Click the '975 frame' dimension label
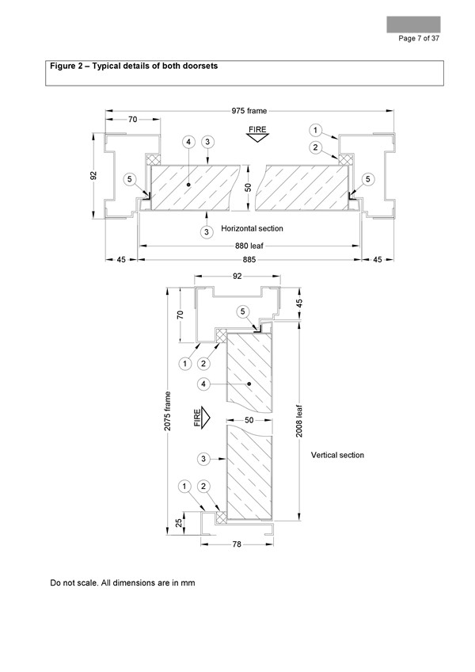(249, 111)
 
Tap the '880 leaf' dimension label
(249, 246)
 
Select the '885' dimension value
(249, 260)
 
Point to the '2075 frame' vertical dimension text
(168, 411)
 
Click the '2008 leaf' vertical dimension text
(299, 422)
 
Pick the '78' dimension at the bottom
(237, 544)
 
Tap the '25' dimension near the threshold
(180, 522)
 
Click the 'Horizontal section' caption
(252, 228)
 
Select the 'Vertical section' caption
(337, 455)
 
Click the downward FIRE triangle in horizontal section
(257, 138)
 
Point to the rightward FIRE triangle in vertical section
(206, 418)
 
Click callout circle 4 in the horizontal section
(188, 142)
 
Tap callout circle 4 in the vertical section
(203, 384)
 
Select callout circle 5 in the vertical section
(243, 311)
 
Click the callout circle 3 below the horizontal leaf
(207, 232)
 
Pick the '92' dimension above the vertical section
(237, 277)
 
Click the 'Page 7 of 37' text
(419, 39)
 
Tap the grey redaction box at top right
(413, 25)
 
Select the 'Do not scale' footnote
(123, 583)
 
